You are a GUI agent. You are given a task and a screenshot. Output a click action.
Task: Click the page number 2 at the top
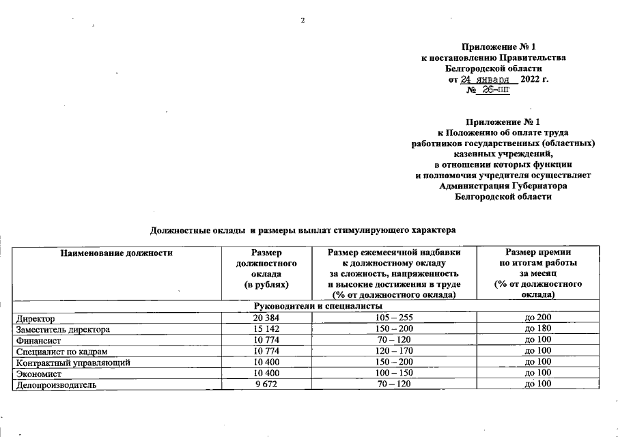pos(302,18)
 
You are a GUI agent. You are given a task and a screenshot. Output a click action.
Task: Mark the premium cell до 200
pos(537,318)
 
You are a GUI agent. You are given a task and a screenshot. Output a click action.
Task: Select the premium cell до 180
pos(537,329)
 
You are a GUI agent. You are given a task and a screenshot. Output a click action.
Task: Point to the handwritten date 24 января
pos(488,79)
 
